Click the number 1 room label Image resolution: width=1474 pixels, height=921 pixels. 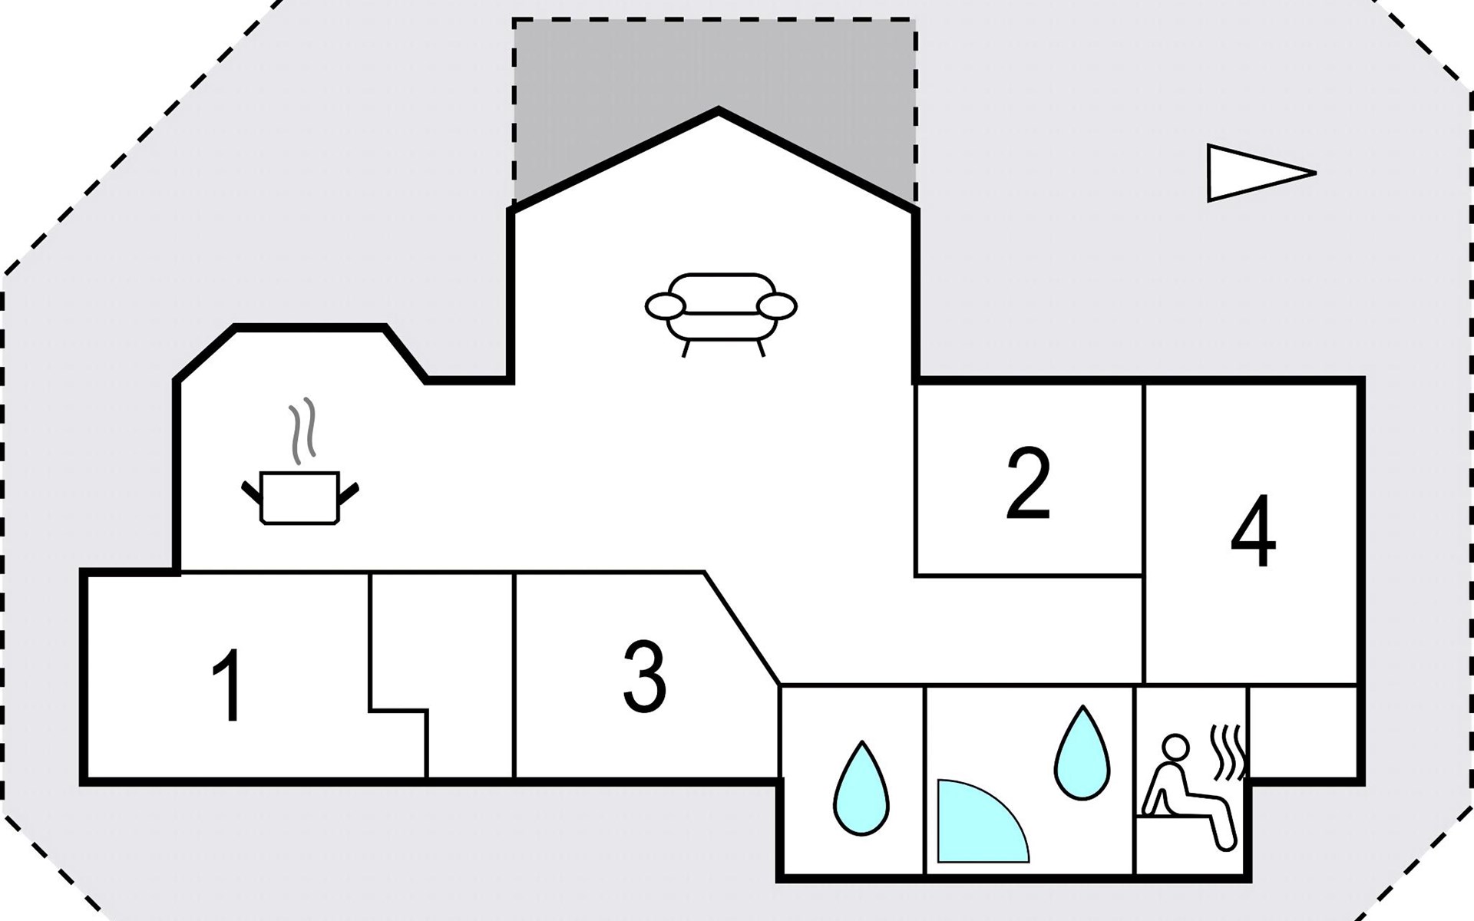pos(228,685)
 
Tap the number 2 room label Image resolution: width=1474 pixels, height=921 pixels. pos(1028,484)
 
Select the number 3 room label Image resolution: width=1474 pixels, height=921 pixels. pos(644,675)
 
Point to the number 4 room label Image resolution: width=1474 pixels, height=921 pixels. pos(1254,530)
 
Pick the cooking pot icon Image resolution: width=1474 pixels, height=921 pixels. pos(300,497)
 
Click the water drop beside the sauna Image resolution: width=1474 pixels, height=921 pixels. pos(1082,753)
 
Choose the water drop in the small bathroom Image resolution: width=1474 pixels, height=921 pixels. pos(861,787)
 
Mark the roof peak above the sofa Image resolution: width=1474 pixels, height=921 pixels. pos(719,111)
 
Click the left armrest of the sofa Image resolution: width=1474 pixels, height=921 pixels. pos(665,306)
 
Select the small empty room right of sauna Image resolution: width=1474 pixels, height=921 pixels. pos(1302,731)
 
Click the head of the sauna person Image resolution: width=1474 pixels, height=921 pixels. pos(1175,747)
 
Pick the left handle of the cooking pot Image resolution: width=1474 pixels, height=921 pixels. pos(251,492)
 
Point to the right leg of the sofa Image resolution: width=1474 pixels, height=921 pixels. pos(761,348)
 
